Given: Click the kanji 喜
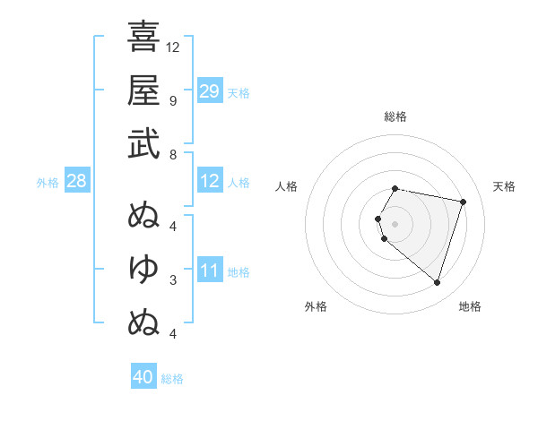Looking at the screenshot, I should tap(143, 37).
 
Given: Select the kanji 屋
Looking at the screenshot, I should tap(143, 90).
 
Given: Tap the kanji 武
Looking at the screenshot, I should tap(143, 143).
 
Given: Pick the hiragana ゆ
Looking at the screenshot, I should tap(143, 267).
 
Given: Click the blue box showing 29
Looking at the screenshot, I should tap(210, 91).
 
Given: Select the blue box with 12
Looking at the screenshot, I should tap(210, 181).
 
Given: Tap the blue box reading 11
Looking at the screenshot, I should tap(210, 271).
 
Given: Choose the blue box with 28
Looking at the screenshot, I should tap(76, 181).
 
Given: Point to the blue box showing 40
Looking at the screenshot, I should tap(143, 377).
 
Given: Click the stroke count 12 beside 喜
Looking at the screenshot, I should tap(173, 47).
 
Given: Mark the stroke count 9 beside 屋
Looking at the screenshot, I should tap(172, 100).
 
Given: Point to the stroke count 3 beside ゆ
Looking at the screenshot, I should tap(172, 280).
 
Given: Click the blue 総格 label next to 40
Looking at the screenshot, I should tap(172, 379).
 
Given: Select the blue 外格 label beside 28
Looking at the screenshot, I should tap(48, 183).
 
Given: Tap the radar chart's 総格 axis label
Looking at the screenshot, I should tap(395, 116).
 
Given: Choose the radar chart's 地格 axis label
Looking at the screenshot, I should tap(470, 306).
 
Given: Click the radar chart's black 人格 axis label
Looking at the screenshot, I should tap(287, 186).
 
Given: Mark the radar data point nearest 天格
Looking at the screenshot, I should tap(463, 202).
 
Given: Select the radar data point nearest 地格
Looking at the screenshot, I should tap(437, 282).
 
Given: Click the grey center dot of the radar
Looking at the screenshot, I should tap(395, 223).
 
